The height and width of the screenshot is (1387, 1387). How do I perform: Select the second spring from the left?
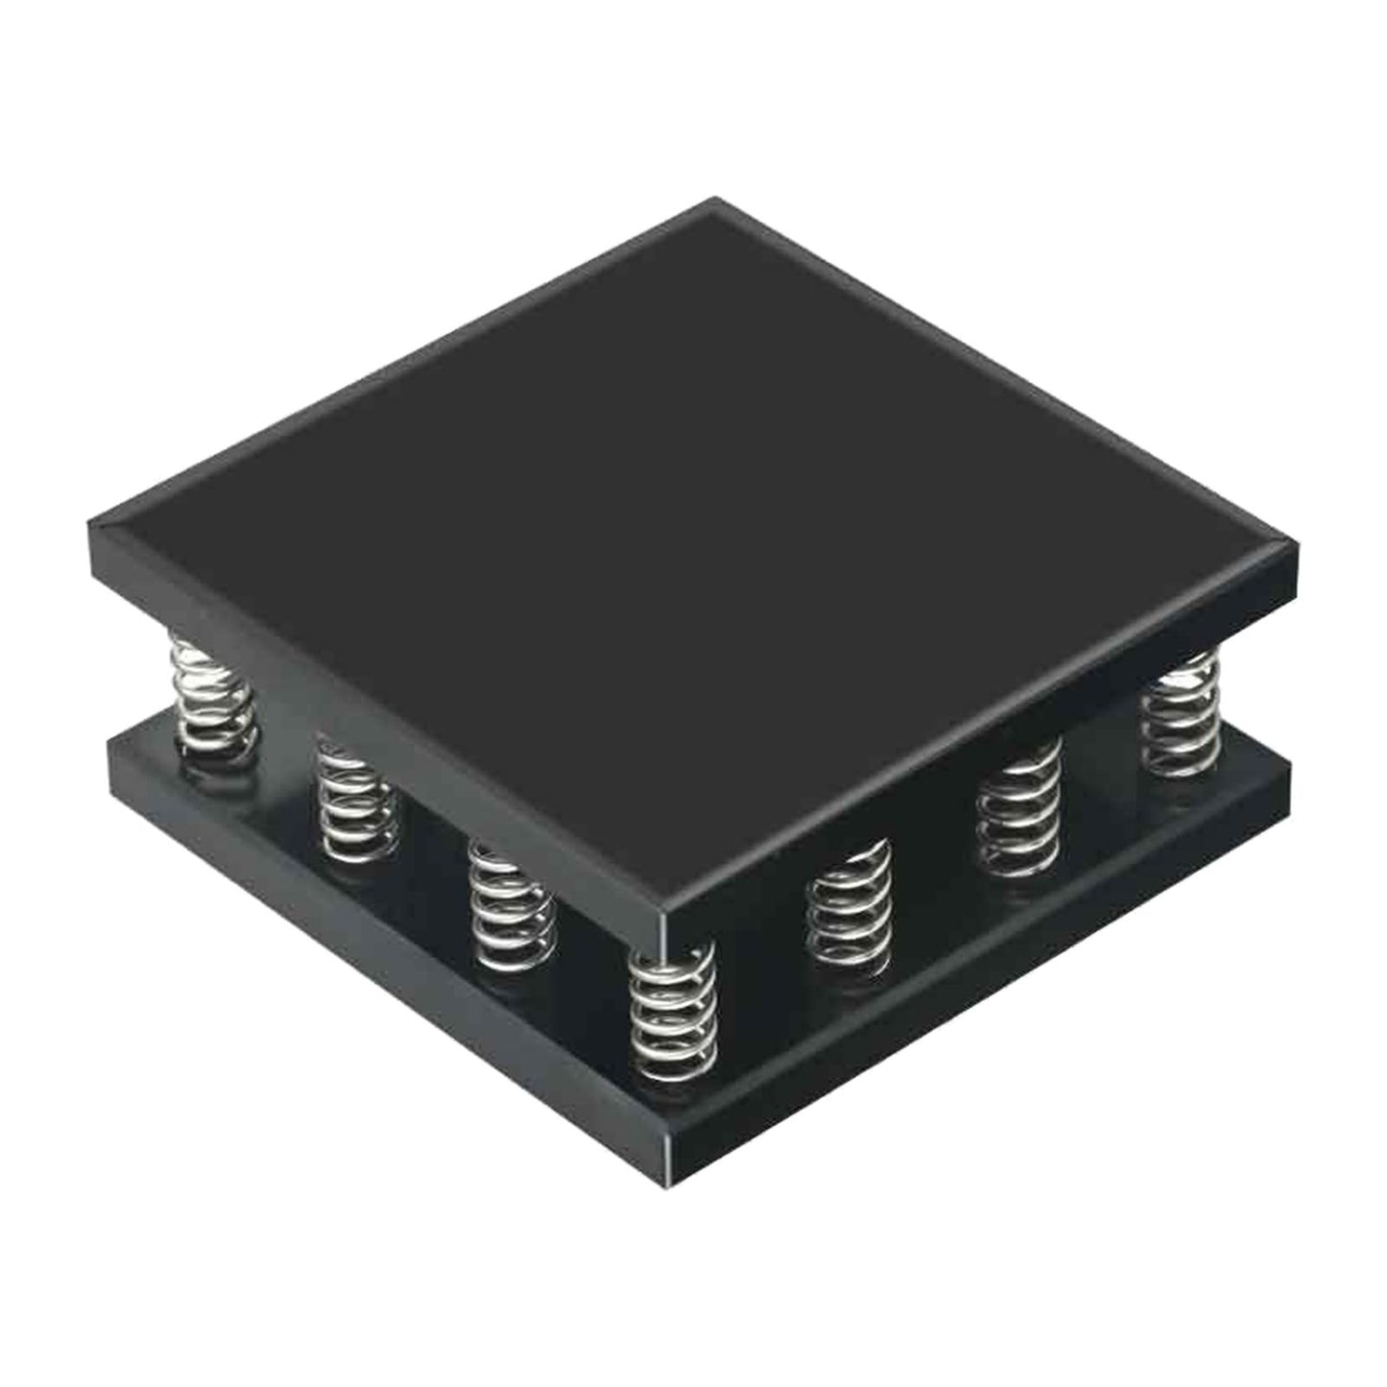click(356, 801)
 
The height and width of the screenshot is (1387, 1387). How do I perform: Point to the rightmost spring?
click(1181, 715)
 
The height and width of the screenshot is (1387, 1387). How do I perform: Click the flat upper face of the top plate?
click(691, 538)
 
